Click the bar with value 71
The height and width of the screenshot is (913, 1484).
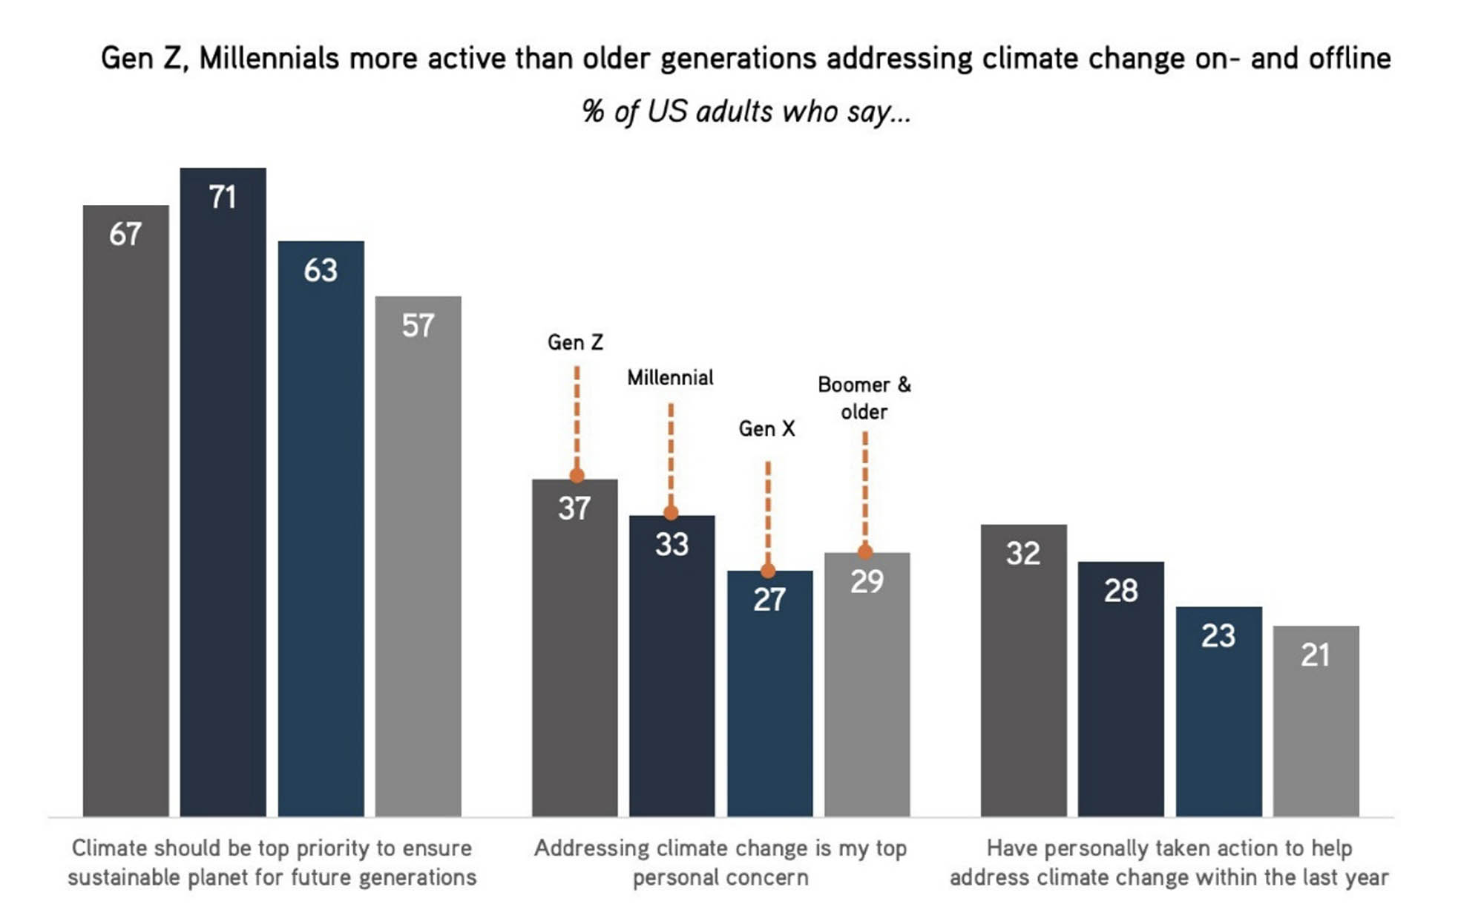(223, 490)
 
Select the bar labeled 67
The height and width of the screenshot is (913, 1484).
(125, 512)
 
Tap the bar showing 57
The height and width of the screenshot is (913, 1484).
(418, 557)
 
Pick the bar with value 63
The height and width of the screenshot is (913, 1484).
(321, 527)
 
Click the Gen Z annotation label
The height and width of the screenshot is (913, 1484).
(575, 342)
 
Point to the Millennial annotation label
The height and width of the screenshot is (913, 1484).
(670, 378)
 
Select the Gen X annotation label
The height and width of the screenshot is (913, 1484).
(766, 428)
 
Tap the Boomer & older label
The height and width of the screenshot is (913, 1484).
(864, 398)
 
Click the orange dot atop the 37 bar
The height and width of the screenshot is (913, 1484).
(577, 476)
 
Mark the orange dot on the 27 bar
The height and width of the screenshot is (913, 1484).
(768, 571)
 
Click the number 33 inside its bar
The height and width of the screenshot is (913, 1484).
(672, 544)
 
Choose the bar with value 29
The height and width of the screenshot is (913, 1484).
(867, 683)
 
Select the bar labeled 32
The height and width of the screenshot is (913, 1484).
(1023, 668)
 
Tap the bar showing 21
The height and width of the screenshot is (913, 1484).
(1316, 720)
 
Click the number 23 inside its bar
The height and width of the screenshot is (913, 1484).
(1218, 636)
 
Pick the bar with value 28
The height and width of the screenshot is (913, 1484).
(1120, 690)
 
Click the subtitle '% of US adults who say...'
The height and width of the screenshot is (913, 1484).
(746, 112)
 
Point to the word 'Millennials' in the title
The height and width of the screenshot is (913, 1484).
(269, 58)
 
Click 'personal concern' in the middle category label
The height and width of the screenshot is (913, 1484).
(720, 877)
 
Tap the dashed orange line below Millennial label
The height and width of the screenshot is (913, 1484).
(671, 453)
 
